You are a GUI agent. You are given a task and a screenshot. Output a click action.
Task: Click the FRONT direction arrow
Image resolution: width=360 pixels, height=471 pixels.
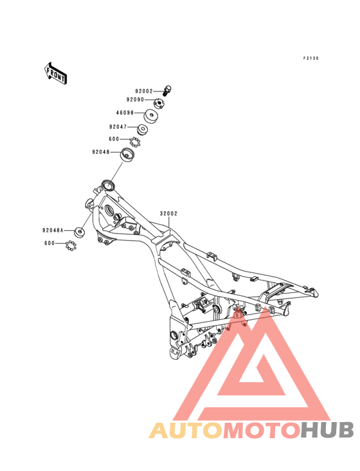pos(55,73)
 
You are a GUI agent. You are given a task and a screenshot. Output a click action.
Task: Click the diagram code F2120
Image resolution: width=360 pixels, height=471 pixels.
pos(310,59)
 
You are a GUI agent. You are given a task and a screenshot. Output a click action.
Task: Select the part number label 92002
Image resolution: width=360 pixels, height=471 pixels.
pos(144,91)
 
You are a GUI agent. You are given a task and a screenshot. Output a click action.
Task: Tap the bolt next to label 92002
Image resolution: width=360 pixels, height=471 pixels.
pos(167,91)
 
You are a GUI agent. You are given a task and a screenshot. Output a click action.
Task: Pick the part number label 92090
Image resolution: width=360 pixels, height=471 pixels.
pos(135,100)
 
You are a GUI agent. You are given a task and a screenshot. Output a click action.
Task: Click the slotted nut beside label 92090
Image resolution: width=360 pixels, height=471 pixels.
pos(159,104)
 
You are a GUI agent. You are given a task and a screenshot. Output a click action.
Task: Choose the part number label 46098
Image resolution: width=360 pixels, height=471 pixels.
pos(125,113)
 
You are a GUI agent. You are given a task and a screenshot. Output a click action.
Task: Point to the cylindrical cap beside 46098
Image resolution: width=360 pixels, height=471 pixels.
pos(150,116)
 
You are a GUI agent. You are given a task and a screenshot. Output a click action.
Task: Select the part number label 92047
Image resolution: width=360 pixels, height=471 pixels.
pos(118,127)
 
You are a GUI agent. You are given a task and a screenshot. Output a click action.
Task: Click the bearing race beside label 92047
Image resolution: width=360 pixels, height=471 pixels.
pos(143,129)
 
